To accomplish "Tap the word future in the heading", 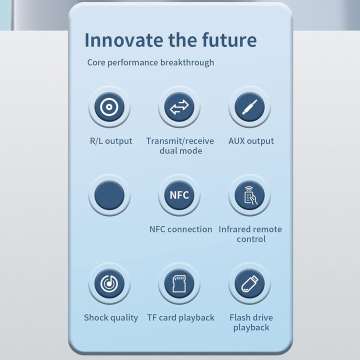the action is click(x=229, y=40).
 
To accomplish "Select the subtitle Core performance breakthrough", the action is click(x=150, y=62).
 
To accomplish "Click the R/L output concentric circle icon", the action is click(x=109, y=107).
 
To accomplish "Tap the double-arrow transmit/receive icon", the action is click(x=179, y=107).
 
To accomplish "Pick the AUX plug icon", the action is click(x=250, y=107).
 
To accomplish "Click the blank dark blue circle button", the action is click(x=109, y=195).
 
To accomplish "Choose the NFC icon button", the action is click(x=179, y=195).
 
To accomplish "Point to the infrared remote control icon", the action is click(x=250, y=195).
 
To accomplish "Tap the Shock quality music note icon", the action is click(x=109, y=284).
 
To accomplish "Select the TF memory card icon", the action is click(x=179, y=284).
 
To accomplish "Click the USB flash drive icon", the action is click(x=250, y=284).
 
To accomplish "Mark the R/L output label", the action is click(x=111, y=141).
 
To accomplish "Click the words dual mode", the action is click(x=181, y=151).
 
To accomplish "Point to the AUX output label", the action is click(x=251, y=141).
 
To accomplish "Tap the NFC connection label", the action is click(x=180, y=229).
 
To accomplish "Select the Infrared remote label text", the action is click(x=250, y=229).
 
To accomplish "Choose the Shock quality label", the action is click(x=111, y=318).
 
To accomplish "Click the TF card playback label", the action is click(x=180, y=318).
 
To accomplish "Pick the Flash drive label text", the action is click(x=251, y=318).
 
